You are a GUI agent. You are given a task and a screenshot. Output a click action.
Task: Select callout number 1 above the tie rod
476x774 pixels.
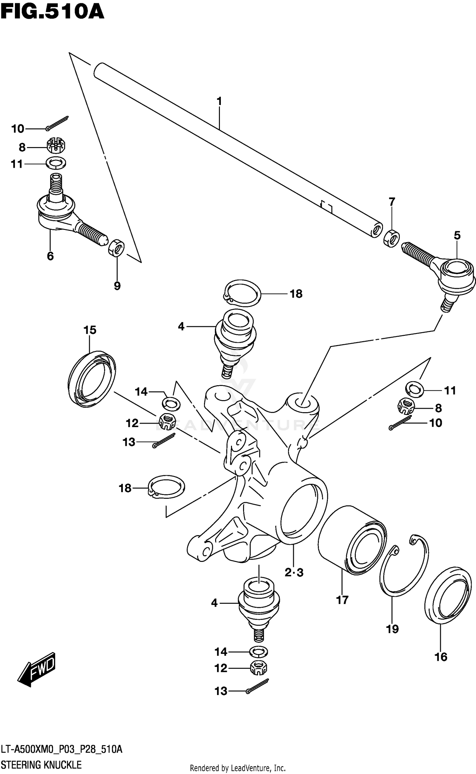coord(219,101)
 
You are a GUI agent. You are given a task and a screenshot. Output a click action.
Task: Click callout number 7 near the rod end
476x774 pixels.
coord(392,201)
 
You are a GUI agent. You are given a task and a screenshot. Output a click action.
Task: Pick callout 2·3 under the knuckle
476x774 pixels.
coord(294,572)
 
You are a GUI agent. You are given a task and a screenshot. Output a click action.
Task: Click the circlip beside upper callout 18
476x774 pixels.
coord(242,294)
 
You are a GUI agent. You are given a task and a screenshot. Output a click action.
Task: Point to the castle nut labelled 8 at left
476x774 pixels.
coord(56,146)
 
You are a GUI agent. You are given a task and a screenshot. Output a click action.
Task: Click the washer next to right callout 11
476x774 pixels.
coord(415,389)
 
